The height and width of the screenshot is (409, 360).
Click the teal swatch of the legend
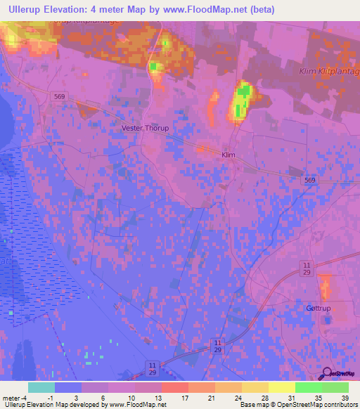click(41, 387)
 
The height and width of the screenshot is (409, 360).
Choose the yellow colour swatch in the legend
click(281, 387)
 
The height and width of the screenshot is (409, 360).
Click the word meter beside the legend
click(11, 397)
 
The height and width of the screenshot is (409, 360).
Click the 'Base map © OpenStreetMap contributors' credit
click(298, 405)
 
